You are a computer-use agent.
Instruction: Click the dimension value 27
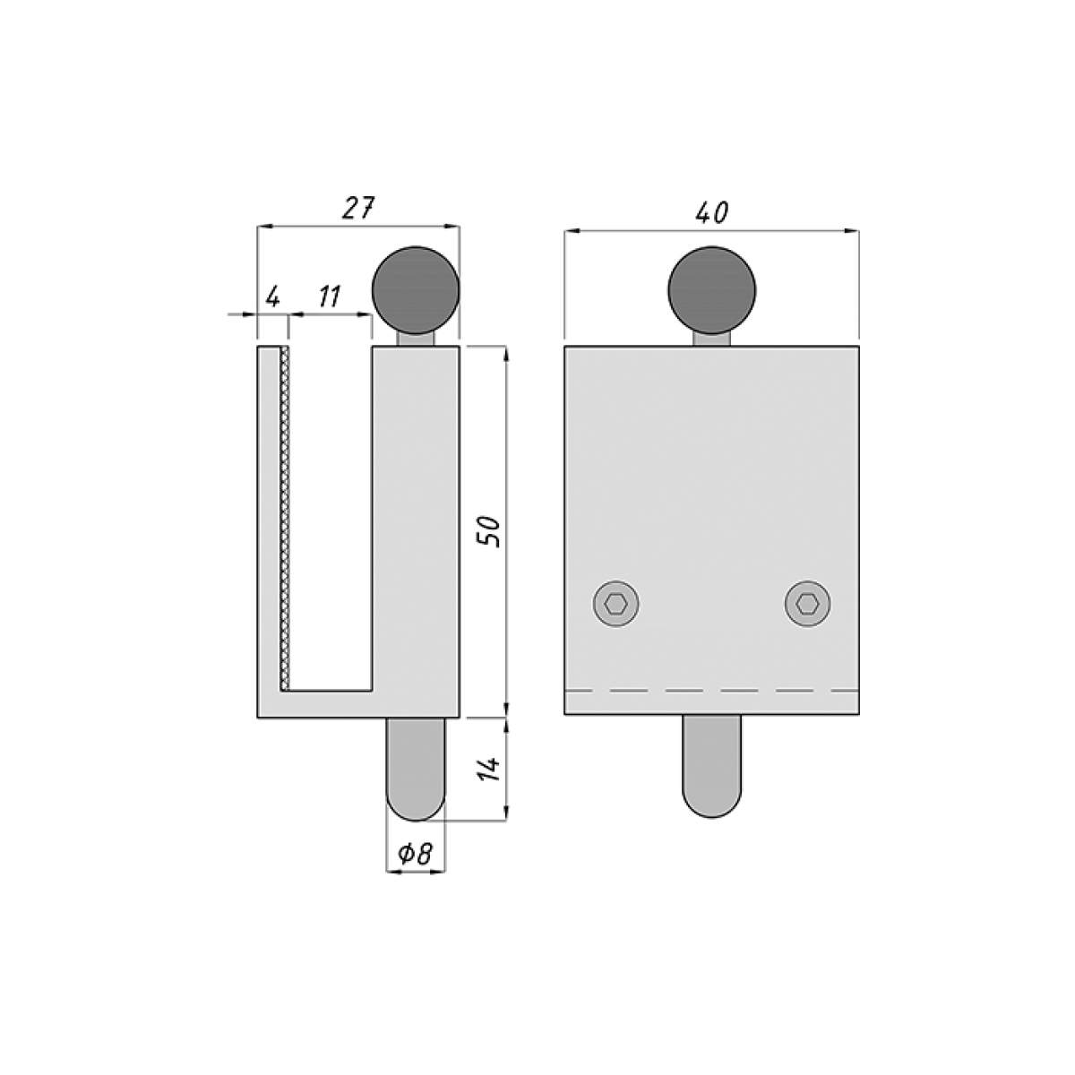pyautogui.click(x=357, y=208)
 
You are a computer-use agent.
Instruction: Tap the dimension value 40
pyautogui.click(x=712, y=212)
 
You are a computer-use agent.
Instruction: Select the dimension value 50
pyautogui.click(x=489, y=531)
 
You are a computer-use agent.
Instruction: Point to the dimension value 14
pyautogui.click(x=489, y=770)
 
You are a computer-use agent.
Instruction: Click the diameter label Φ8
pyautogui.click(x=415, y=853)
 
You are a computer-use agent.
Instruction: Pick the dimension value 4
pyautogui.click(x=272, y=297)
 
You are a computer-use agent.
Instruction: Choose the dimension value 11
pyautogui.click(x=329, y=297)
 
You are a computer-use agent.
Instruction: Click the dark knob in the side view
pyautogui.click(x=416, y=290)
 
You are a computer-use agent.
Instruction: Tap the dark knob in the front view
pyautogui.click(x=712, y=290)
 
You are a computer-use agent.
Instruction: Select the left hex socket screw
pyautogui.click(x=615, y=604)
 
